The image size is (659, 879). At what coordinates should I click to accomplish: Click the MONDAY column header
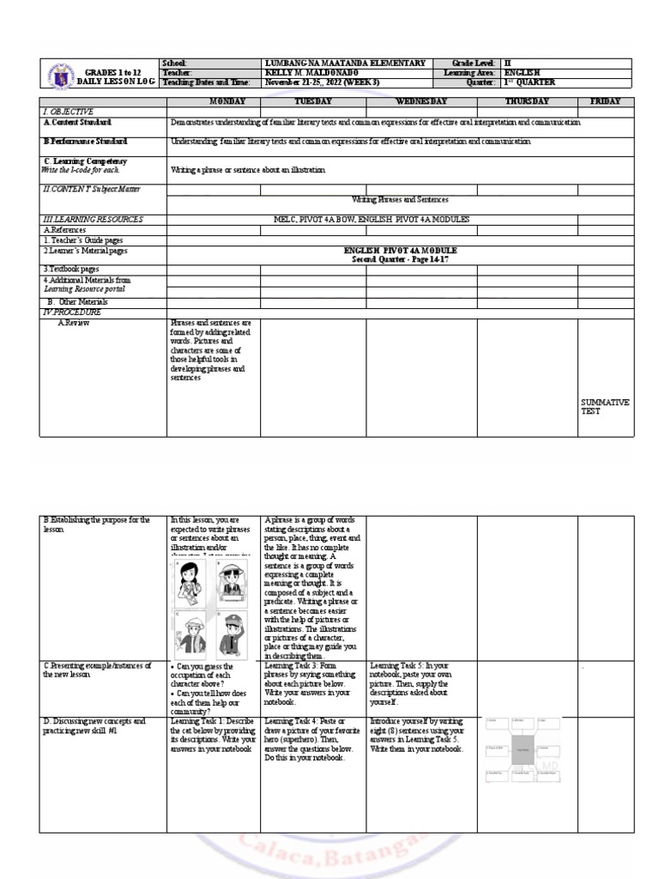[214, 101]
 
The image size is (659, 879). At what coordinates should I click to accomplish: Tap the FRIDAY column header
[605, 101]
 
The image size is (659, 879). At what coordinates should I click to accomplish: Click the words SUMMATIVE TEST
[605, 406]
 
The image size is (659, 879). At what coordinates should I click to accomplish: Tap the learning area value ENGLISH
[523, 73]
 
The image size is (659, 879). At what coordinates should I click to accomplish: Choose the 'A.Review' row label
[73, 323]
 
